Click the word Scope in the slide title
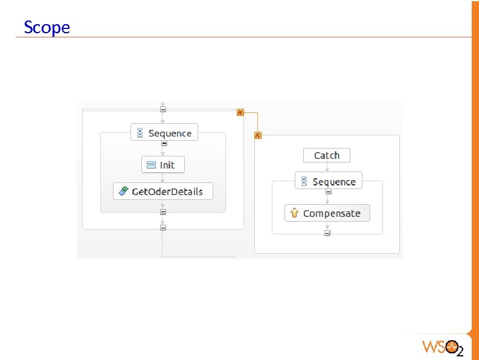(x=47, y=27)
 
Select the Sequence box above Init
(x=164, y=133)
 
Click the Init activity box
(x=162, y=165)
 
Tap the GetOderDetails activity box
(x=162, y=191)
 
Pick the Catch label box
(x=326, y=155)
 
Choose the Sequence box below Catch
(x=329, y=181)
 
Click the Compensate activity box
(x=327, y=213)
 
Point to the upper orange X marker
(x=240, y=112)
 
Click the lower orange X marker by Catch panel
(x=258, y=135)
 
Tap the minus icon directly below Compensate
(x=327, y=233)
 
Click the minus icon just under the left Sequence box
(x=164, y=144)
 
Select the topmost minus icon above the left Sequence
(x=163, y=109)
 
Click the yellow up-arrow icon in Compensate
(x=294, y=213)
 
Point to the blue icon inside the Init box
(x=152, y=165)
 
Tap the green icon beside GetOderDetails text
(x=123, y=191)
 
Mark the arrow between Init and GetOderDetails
(x=162, y=178)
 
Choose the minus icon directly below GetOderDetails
(x=162, y=212)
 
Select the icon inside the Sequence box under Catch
(x=304, y=182)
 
